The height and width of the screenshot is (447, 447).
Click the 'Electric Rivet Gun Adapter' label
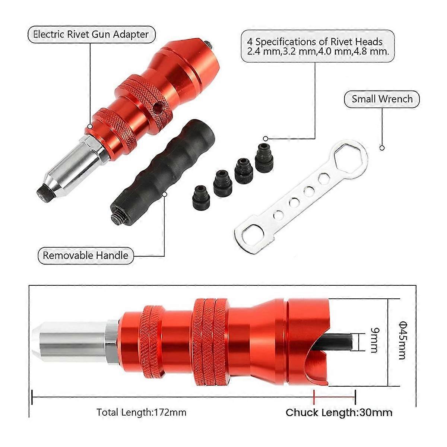(x=91, y=35)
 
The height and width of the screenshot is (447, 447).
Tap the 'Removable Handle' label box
(x=85, y=256)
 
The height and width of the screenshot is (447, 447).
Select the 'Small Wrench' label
(x=382, y=99)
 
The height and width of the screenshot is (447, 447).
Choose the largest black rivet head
(x=264, y=157)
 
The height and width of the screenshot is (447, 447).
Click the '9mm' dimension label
(x=374, y=340)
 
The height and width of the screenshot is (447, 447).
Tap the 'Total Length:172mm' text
(x=142, y=412)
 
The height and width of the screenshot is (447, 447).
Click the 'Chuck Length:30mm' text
(x=339, y=412)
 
